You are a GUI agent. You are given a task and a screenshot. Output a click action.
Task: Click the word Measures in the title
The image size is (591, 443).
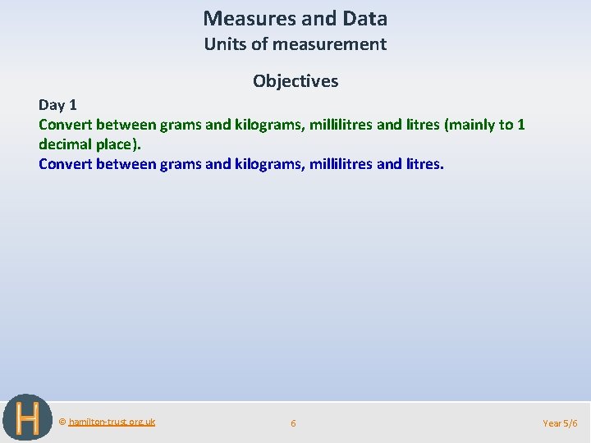coord(241,18)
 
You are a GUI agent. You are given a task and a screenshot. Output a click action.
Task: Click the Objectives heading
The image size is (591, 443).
coord(295,81)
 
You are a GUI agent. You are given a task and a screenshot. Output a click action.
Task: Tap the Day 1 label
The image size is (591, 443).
coord(57,105)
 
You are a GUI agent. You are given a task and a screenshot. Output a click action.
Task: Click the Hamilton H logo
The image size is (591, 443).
coord(27,418)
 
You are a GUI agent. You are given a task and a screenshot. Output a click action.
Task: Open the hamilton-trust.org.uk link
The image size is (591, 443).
coord(112,422)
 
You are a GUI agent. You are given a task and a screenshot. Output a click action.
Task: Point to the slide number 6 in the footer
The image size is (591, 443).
coord(293,423)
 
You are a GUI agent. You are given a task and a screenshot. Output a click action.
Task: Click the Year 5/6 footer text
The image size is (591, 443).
coord(560,423)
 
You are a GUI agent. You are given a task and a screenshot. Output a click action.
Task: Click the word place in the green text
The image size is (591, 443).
coord(119,144)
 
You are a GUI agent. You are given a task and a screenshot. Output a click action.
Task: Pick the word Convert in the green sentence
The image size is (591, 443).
coord(65,125)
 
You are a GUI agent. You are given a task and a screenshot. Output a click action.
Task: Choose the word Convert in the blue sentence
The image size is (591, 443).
coord(65,164)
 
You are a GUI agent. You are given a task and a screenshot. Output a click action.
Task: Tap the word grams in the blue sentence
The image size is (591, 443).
coord(180,164)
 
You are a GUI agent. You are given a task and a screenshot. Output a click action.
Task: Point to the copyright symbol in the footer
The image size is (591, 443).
coord(62,422)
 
